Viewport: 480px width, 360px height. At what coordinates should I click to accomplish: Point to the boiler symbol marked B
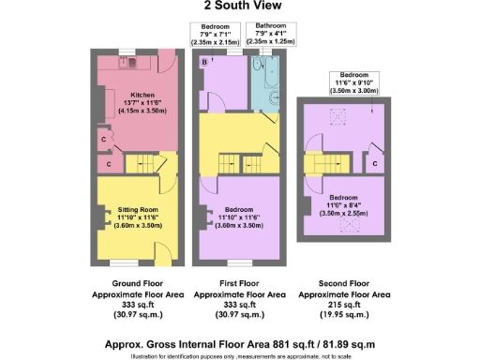pos(205,62)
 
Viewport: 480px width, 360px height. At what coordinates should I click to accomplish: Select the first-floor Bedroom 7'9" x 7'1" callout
pos(216,30)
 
